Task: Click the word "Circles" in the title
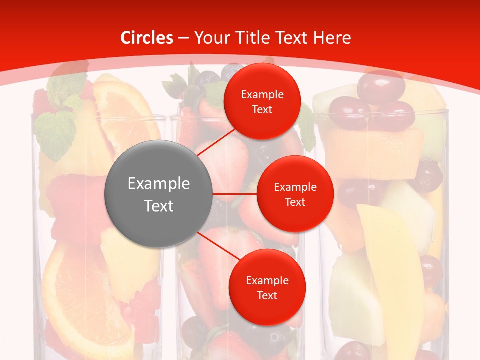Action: point(146,38)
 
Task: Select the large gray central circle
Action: point(159,194)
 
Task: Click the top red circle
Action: point(262,101)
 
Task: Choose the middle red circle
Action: point(295,194)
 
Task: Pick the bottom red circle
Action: point(267,287)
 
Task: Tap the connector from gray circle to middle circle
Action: point(235,194)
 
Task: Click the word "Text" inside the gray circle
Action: point(159,206)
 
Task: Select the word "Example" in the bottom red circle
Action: point(267,281)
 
